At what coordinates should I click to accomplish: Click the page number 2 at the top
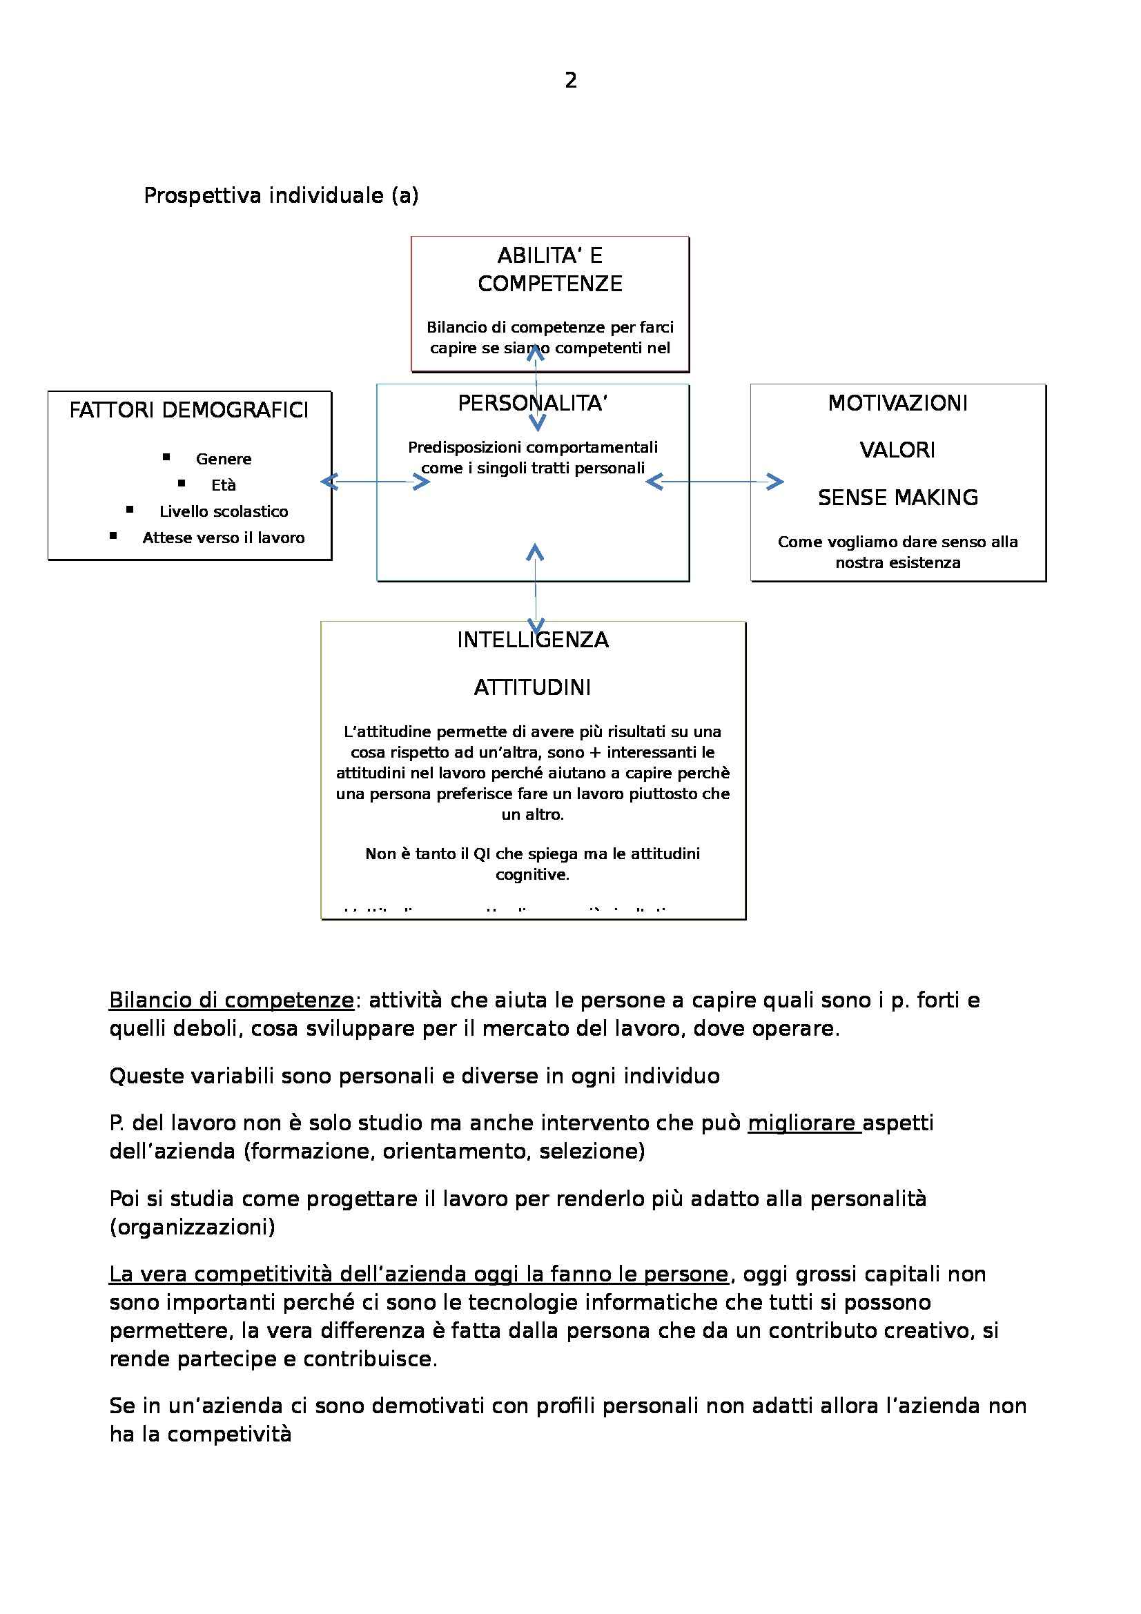pyautogui.click(x=570, y=81)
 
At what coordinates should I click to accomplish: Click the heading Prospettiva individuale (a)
pyautogui.click(x=280, y=195)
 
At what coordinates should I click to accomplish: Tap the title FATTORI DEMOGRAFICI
pyautogui.click(x=188, y=410)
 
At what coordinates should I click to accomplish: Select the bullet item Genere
pyautogui.click(x=224, y=459)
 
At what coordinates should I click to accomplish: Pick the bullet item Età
pyautogui.click(x=224, y=485)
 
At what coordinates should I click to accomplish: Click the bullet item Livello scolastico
pyautogui.click(x=224, y=512)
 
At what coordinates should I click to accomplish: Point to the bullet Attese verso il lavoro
pyautogui.click(x=224, y=538)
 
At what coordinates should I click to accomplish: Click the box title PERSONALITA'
pyautogui.click(x=532, y=404)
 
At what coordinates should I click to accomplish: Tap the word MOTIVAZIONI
pyautogui.click(x=898, y=403)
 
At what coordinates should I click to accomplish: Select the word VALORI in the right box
pyautogui.click(x=898, y=450)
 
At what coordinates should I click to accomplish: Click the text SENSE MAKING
pyautogui.click(x=898, y=498)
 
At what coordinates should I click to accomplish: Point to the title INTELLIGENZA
pyautogui.click(x=532, y=640)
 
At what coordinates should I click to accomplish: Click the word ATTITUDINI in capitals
pyautogui.click(x=532, y=687)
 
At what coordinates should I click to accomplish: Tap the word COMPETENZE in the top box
pyautogui.click(x=549, y=284)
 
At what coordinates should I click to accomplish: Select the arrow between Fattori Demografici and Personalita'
pyautogui.click(x=375, y=482)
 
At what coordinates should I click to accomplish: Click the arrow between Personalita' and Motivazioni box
pyautogui.click(x=714, y=482)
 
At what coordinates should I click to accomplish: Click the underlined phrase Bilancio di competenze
pyautogui.click(x=231, y=1000)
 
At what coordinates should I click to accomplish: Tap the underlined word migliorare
pyautogui.click(x=803, y=1123)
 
